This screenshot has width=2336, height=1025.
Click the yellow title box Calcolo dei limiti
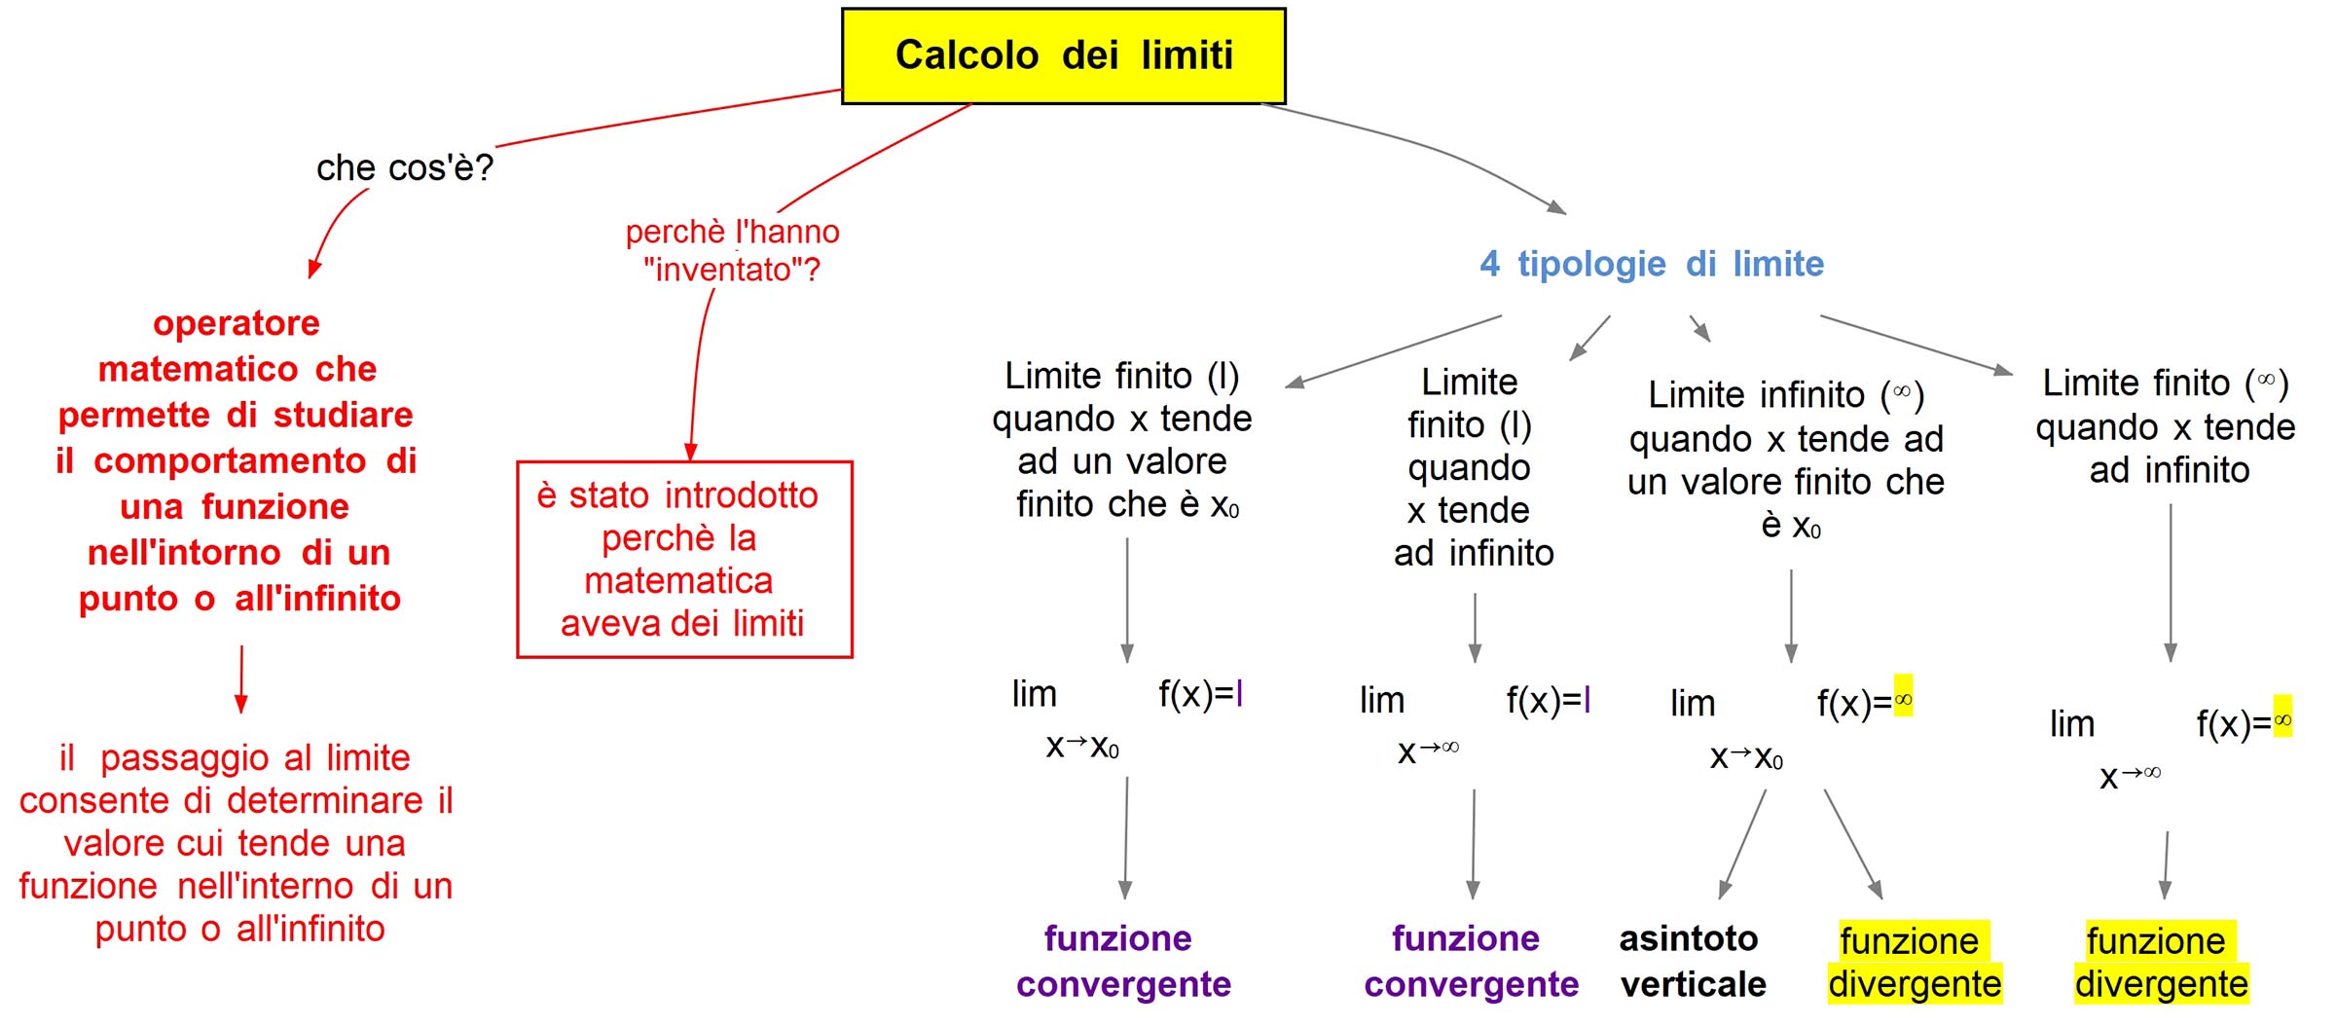pyautogui.click(x=1063, y=56)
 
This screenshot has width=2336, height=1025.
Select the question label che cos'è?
pyautogui.click(x=405, y=168)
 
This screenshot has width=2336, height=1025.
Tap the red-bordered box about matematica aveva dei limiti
pyautogui.click(x=684, y=560)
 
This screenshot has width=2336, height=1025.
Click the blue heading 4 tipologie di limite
pyautogui.click(x=1652, y=264)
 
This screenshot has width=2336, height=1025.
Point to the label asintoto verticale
pyautogui.click(x=1692, y=962)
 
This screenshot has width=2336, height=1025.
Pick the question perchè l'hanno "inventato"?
pyautogui.click(x=732, y=250)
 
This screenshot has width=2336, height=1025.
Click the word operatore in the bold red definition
pyautogui.click(x=237, y=323)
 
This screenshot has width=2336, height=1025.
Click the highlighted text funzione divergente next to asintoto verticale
pyautogui.click(x=1914, y=963)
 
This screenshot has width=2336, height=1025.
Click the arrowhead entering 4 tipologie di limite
pyautogui.click(x=1557, y=207)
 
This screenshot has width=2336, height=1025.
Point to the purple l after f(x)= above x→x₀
pyautogui.click(x=1239, y=694)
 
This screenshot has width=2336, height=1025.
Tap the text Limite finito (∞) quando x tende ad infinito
pyautogui.click(x=2166, y=426)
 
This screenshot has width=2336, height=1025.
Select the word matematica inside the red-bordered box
pyautogui.click(x=678, y=581)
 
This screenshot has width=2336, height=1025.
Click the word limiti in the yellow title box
pyautogui.click(x=1186, y=55)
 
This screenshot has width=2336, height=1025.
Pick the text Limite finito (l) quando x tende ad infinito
pyautogui.click(x=1472, y=467)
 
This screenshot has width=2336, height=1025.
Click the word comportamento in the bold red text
pyautogui.click(x=230, y=461)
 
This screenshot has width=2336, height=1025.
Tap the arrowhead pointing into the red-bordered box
pyautogui.click(x=691, y=453)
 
